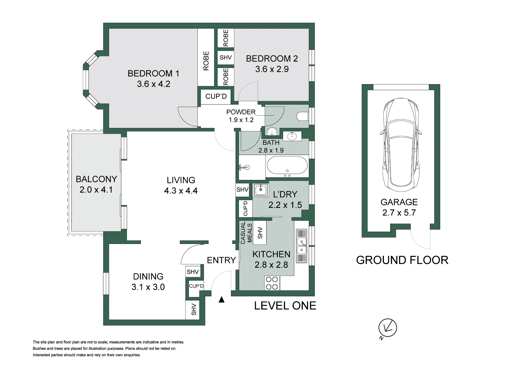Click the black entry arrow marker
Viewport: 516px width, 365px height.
[221, 299]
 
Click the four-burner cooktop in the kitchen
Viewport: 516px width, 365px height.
[272, 283]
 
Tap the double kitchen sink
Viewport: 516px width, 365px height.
[302, 246]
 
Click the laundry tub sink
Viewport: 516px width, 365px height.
[261, 190]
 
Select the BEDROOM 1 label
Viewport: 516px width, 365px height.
[154, 74]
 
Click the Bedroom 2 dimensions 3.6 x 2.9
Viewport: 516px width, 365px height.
[272, 69]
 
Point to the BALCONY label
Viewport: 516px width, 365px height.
[96, 179]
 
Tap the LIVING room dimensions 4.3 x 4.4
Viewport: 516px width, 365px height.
[181, 191]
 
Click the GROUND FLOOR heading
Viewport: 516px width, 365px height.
[402, 260]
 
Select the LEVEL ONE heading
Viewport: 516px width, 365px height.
[285, 306]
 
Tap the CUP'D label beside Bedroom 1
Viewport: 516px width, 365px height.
[216, 97]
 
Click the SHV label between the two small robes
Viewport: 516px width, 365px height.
[226, 58]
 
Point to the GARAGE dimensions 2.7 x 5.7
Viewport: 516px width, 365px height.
[399, 213]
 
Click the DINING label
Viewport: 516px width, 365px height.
[148, 277]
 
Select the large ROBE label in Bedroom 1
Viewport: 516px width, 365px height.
[206, 61]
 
